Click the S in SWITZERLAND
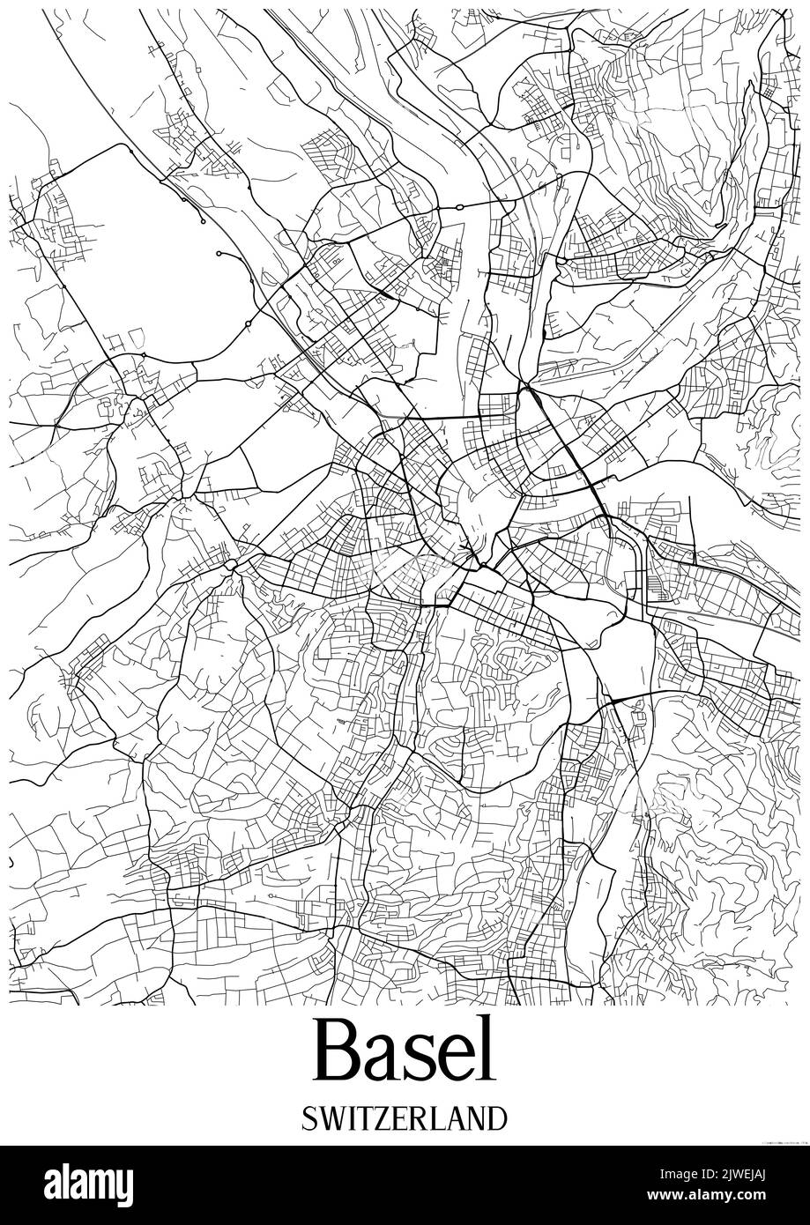click(x=308, y=1119)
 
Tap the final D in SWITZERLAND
click(x=498, y=1119)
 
